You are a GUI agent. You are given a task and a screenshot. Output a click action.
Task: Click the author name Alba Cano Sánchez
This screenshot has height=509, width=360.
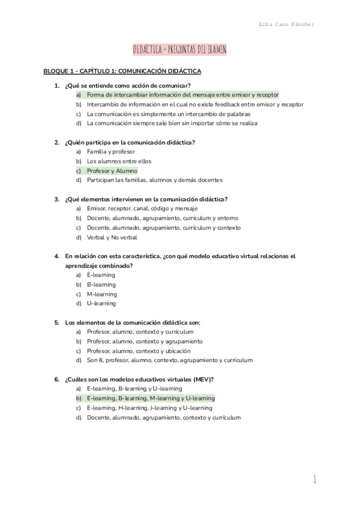(x=286, y=24)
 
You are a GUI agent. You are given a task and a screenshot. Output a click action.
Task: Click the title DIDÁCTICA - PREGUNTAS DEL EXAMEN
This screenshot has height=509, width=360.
(x=179, y=50)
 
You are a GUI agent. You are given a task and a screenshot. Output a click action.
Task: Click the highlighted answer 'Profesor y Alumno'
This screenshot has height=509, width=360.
(x=111, y=171)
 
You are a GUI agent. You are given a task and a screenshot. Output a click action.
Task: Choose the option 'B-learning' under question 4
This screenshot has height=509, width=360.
(x=101, y=285)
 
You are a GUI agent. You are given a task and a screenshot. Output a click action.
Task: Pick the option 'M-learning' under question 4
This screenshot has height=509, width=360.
(x=101, y=294)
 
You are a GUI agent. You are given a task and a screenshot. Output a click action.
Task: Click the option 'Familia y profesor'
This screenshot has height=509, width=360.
(x=111, y=152)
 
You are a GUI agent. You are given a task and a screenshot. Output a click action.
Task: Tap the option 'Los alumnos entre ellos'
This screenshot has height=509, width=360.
(x=119, y=161)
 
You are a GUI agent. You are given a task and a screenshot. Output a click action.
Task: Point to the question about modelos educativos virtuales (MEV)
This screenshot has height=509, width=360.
(x=139, y=379)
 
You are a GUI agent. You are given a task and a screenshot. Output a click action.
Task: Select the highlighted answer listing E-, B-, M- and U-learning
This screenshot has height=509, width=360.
(x=151, y=398)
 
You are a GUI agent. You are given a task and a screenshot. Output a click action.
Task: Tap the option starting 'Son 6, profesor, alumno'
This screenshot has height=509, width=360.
(x=169, y=360)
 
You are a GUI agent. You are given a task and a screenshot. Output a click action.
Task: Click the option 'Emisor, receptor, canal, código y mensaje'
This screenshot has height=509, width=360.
(x=142, y=208)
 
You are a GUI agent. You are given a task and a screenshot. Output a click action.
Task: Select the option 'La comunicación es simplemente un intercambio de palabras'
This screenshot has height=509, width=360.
(x=168, y=114)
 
